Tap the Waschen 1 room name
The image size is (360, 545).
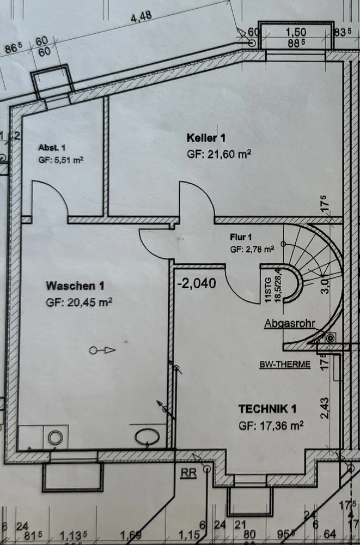[x=75, y=286]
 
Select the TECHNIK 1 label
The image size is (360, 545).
[x=267, y=408]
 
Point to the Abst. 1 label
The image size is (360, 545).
[x=52, y=148]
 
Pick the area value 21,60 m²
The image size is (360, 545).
[x=227, y=154]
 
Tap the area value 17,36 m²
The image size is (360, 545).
[x=277, y=425]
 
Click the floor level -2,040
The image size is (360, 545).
[x=197, y=283]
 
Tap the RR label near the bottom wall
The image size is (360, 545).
[x=189, y=472]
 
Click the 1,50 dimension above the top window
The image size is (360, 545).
[x=296, y=32]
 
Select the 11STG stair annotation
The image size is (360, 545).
[x=267, y=286]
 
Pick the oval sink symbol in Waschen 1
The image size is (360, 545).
[x=147, y=437]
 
